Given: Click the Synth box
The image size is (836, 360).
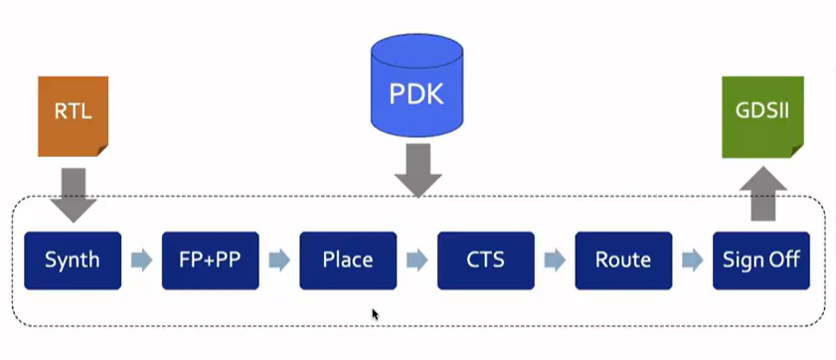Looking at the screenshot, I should tap(73, 261).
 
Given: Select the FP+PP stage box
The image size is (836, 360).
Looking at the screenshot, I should tap(211, 261).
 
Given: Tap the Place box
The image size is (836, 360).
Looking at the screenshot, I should tap(348, 261).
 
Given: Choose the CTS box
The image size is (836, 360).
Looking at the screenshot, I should tap(486, 261).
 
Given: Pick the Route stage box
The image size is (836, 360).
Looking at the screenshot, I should tap(623, 261).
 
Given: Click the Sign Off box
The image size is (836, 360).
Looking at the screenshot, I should tap(761, 261).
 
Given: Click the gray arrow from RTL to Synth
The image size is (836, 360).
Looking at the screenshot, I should tap(73, 195).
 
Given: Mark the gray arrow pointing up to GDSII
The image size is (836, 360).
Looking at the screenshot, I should tap(761, 194).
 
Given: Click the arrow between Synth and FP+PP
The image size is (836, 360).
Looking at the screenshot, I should tap(141, 261).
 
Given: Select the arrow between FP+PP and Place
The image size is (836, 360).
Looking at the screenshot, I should tap(279, 261).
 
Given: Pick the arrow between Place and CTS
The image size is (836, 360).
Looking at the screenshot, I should tap(418, 261).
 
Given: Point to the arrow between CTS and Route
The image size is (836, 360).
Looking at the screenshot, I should tap(555, 261).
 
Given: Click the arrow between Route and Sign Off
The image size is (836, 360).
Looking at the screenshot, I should tap(693, 261).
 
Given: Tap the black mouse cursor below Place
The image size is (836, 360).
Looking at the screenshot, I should tap(376, 314).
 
